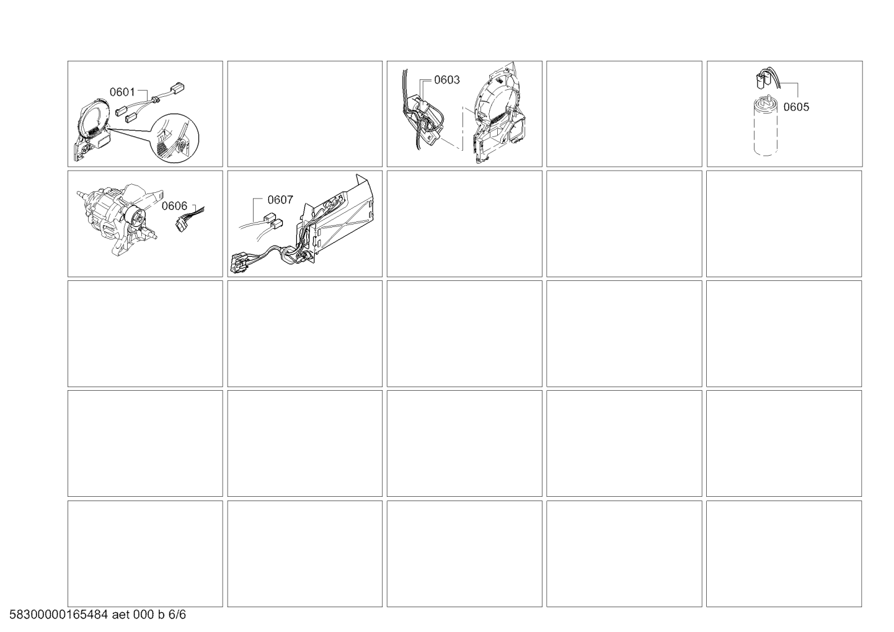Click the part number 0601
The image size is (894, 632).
tap(122, 92)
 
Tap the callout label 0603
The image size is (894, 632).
tap(446, 80)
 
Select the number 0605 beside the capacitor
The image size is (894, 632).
tap(796, 107)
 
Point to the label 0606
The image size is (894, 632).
tap(174, 206)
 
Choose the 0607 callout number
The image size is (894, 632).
tap(280, 200)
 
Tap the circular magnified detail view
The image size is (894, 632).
tap(175, 138)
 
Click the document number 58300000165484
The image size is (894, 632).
tap(59, 615)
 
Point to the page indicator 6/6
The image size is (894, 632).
tap(177, 615)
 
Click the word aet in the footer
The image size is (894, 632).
tap(120, 615)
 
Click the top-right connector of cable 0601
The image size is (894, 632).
tap(177, 87)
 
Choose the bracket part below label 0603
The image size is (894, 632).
tap(425, 120)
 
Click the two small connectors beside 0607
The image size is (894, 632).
tap(273, 221)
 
